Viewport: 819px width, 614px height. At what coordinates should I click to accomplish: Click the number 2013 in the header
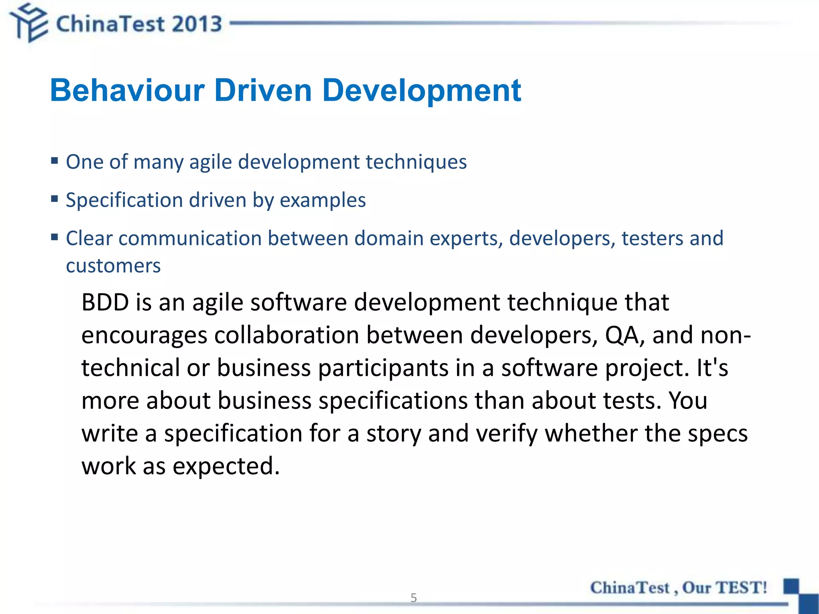(197, 24)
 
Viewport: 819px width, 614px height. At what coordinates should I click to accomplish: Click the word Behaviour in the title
(127, 90)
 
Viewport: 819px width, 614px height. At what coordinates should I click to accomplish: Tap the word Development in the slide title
(421, 91)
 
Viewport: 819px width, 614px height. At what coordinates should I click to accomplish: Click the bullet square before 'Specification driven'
(55, 199)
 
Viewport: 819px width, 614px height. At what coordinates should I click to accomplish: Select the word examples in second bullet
(322, 200)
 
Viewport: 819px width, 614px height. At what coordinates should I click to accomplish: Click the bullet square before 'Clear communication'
(55, 237)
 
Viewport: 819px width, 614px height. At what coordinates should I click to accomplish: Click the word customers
(113, 266)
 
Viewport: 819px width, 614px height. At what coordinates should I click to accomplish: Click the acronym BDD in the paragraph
(105, 302)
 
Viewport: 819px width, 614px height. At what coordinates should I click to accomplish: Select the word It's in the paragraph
(712, 368)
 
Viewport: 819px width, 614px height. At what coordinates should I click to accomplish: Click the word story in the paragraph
(394, 434)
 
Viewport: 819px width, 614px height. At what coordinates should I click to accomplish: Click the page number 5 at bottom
(413, 598)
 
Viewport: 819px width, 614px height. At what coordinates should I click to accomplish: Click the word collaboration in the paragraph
(286, 335)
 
